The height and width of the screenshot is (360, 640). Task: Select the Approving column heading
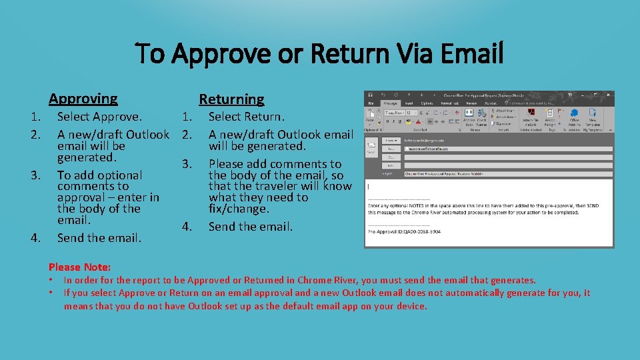pos(83,99)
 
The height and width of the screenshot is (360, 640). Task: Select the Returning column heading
pos(231,99)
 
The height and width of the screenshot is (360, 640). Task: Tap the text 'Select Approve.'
pos(99,117)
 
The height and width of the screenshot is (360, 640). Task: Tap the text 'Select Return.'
pos(246,117)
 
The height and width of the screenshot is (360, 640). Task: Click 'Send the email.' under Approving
pos(99,237)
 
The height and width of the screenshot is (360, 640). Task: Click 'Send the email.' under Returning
pos(250,226)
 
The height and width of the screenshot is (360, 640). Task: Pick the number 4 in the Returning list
pos(188,226)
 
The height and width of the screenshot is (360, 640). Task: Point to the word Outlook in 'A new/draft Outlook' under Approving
pos(147,135)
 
